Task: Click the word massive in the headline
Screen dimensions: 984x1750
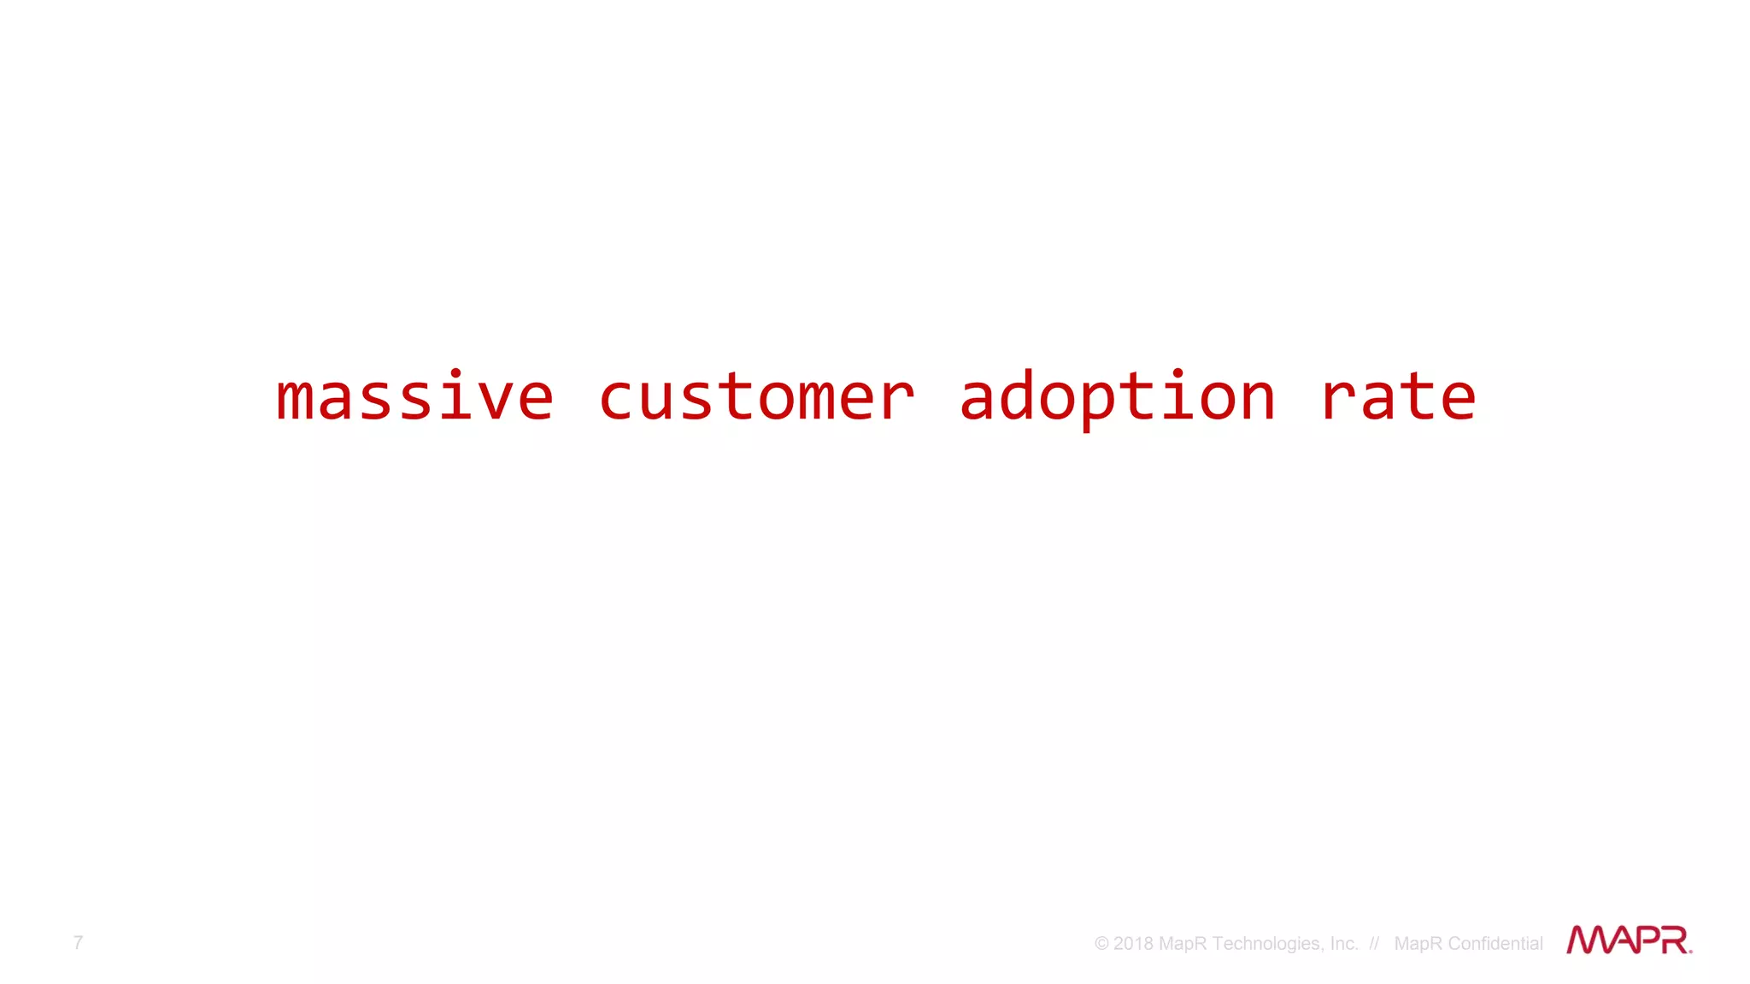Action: (x=415, y=397)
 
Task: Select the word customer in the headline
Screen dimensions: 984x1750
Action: (x=756, y=397)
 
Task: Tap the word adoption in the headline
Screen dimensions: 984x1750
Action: (x=1117, y=397)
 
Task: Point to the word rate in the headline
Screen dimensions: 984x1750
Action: (x=1398, y=397)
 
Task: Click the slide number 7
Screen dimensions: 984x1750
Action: (x=78, y=942)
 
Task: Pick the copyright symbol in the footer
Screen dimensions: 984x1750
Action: (x=1101, y=944)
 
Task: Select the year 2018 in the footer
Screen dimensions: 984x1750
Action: (x=1133, y=944)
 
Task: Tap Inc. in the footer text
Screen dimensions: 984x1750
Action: (x=1343, y=944)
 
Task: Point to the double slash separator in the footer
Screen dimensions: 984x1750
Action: (x=1374, y=944)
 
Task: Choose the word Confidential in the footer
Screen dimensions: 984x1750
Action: (x=1495, y=944)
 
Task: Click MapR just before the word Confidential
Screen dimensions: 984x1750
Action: (x=1418, y=944)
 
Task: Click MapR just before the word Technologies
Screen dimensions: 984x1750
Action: (x=1183, y=944)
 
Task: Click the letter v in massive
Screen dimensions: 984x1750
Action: (x=495, y=400)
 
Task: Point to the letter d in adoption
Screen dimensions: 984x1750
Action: (x=1017, y=397)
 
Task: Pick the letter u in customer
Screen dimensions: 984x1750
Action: (x=655, y=400)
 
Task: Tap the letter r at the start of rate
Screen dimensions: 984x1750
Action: (x=1339, y=400)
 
